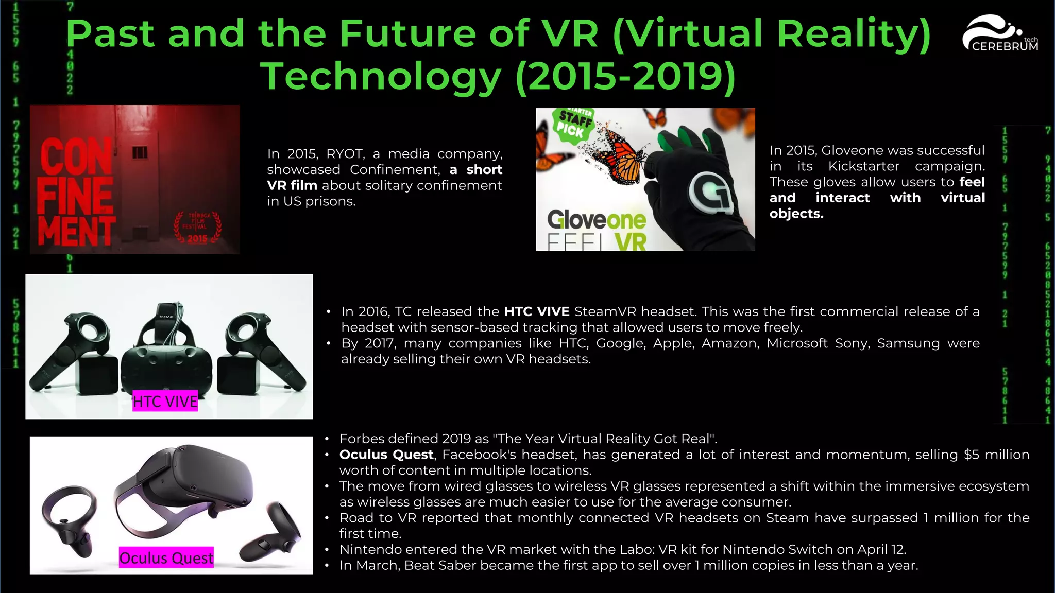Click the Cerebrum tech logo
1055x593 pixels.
(x=1000, y=34)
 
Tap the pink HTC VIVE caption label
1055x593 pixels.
(x=165, y=401)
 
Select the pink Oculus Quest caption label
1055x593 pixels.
(x=166, y=557)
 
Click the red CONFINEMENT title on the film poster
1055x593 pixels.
(x=76, y=192)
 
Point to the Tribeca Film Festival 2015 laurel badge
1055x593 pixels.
(x=197, y=227)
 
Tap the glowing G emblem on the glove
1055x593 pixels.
(x=710, y=192)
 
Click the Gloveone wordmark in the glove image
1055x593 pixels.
(x=596, y=220)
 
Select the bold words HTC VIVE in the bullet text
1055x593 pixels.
(x=536, y=311)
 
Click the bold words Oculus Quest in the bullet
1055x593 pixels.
(x=386, y=455)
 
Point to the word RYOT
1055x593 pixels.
(x=345, y=154)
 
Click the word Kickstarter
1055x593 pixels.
(x=863, y=166)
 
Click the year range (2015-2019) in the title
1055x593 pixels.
(x=625, y=76)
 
